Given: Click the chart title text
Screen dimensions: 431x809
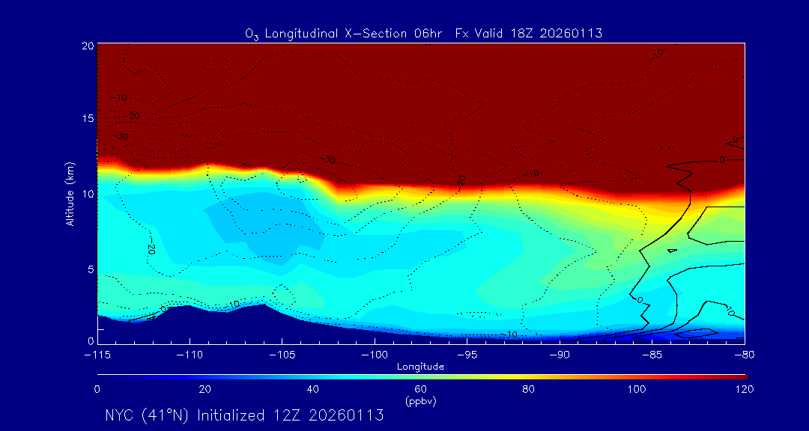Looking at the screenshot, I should [x=423, y=33].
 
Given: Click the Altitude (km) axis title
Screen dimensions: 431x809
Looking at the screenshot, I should [x=70, y=193].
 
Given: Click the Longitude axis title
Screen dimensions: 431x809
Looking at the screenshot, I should [x=420, y=367].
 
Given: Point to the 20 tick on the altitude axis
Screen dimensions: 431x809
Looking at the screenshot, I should [x=88, y=46].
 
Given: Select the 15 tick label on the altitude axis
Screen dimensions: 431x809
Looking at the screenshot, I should [x=88, y=119].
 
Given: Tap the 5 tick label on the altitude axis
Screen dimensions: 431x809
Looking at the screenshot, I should [x=91, y=268].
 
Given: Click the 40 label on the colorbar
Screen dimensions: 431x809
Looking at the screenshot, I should [x=313, y=389].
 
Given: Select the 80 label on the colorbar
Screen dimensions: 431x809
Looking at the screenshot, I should [x=529, y=389].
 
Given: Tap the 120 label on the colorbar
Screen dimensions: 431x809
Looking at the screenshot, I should [x=745, y=389].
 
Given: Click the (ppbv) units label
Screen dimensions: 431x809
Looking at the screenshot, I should [x=420, y=401].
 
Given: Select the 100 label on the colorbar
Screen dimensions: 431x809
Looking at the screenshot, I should [x=637, y=389].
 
